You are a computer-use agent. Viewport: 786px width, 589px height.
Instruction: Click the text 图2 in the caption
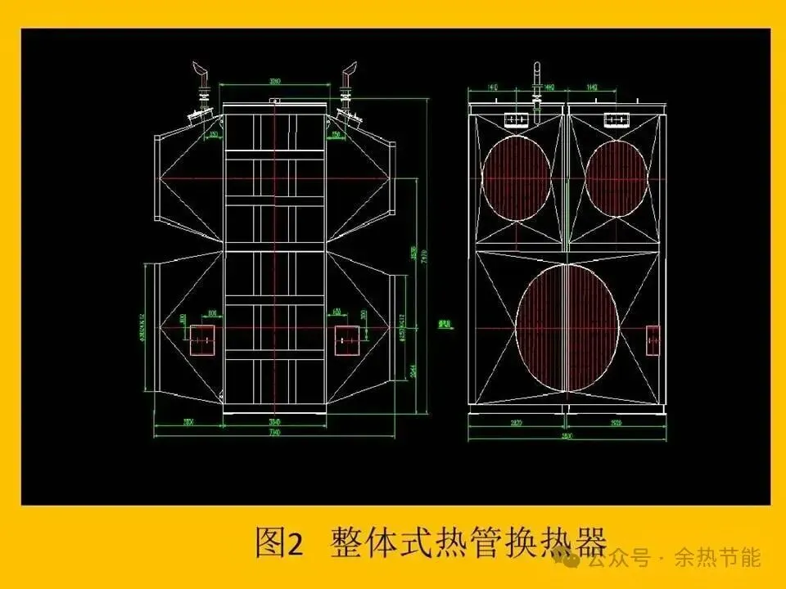point(279,542)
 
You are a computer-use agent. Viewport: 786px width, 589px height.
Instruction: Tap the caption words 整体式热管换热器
point(468,542)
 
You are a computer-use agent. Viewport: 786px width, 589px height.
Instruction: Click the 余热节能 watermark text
point(717,559)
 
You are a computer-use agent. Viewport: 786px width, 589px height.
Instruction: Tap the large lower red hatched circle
point(567,328)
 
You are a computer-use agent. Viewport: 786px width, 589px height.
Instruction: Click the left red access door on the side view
point(202,339)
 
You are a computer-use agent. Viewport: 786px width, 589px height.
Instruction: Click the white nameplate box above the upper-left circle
point(516,120)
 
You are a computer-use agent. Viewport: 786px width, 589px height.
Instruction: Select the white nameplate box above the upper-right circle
point(616,120)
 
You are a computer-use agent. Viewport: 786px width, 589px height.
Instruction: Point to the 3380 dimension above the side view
point(276,81)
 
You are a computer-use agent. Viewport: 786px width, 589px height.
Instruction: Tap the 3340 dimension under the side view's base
point(275,420)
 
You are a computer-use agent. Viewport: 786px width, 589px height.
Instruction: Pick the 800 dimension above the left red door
point(213,313)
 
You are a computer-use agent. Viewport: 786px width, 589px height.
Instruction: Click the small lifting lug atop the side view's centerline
point(275,101)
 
